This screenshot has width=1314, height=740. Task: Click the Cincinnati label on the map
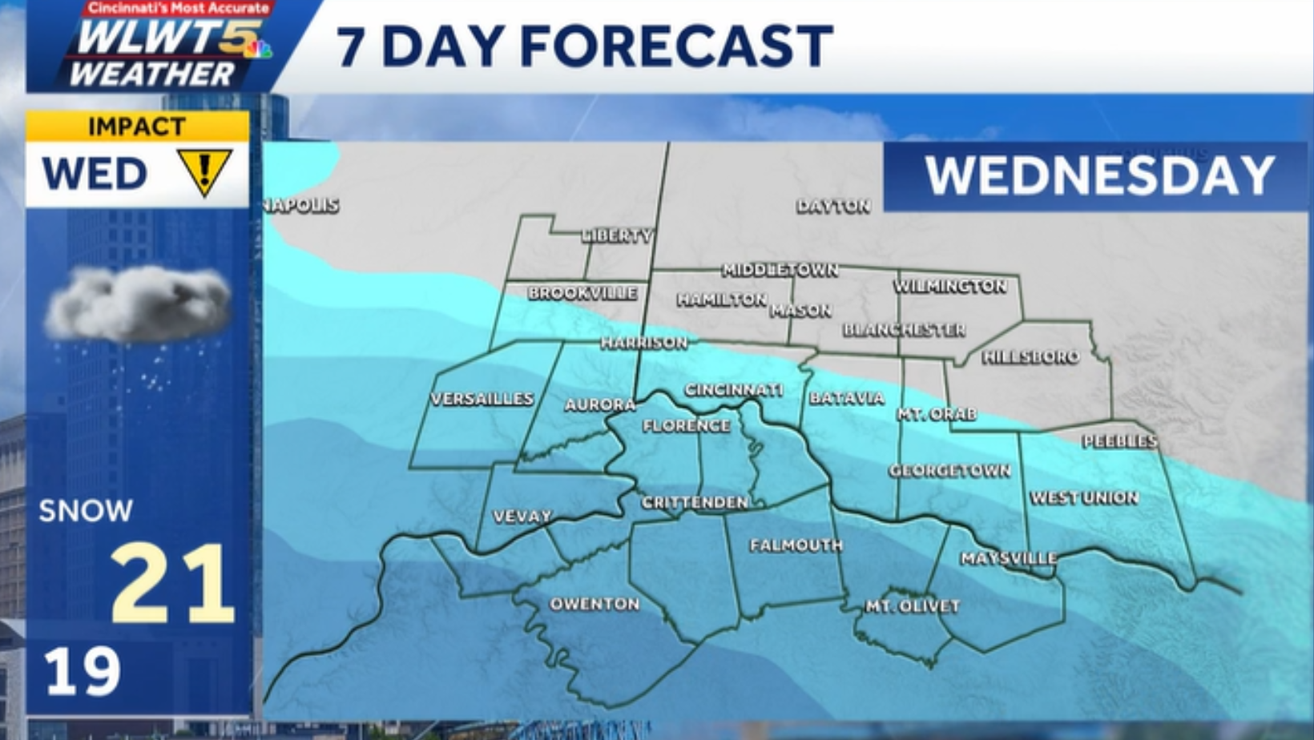(733, 390)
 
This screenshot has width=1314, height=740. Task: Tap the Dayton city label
(833, 207)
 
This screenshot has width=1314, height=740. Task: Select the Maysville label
(1009, 558)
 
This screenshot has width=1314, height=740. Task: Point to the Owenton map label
(595, 604)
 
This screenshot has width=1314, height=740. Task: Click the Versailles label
(482, 399)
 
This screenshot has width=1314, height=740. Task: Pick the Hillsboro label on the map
(1030, 357)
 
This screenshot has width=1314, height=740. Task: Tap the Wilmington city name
(950, 286)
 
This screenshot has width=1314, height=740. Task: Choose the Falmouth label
(796, 545)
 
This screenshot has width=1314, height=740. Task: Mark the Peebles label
(1119, 441)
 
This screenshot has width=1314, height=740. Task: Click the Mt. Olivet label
(912, 606)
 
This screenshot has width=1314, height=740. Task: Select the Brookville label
(582, 293)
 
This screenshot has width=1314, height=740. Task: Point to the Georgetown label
(949, 471)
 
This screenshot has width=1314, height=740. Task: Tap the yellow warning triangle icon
(204, 171)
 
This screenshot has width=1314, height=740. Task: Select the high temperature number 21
(171, 583)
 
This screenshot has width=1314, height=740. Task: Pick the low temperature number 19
(82, 671)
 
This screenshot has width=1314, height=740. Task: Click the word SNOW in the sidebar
(86, 511)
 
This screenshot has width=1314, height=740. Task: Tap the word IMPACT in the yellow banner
(137, 127)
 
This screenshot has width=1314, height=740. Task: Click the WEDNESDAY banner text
(1099, 175)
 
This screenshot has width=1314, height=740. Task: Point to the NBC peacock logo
(258, 49)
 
